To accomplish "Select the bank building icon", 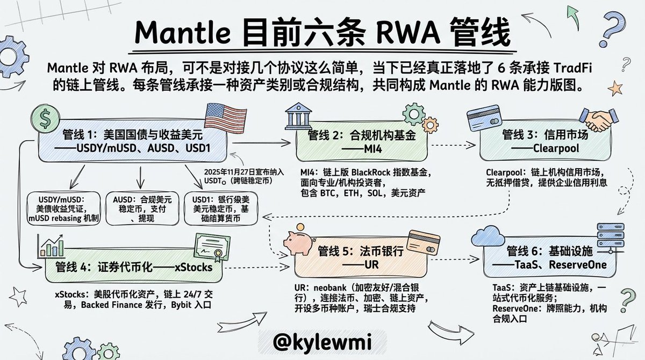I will click(294, 114).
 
